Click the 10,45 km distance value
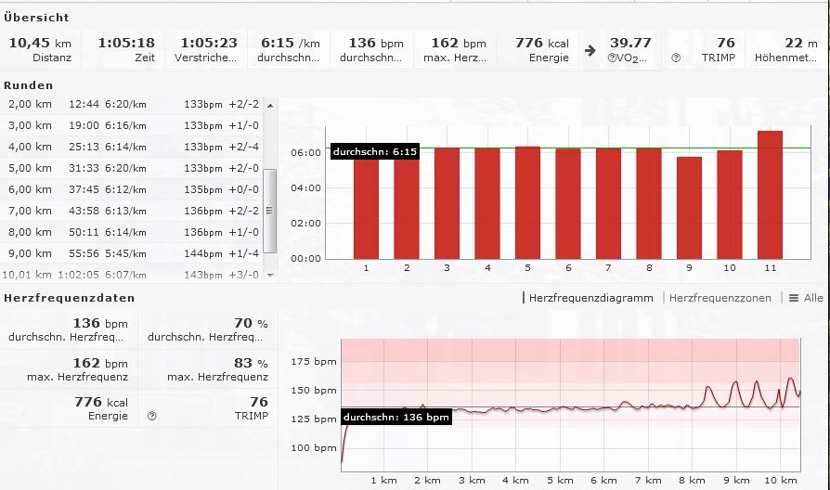(39, 43)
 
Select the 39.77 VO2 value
(630, 43)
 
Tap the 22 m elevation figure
(794, 43)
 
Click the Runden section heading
(28, 84)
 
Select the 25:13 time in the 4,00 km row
(84, 147)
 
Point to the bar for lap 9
(688, 208)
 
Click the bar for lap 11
(770, 195)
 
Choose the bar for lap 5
(527, 202)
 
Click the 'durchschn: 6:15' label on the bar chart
(374, 151)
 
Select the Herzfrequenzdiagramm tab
(590, 298)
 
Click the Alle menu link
(812, 298)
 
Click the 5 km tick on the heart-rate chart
(559, 480)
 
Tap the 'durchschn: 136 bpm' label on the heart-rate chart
(396, 418)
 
